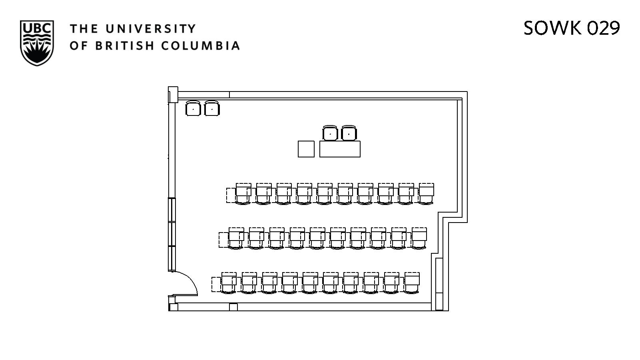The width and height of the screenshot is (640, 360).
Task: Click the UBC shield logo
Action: (x=36, y=43)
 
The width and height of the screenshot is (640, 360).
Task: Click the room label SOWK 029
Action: (x=571, y=28)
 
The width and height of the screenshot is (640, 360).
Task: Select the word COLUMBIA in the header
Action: (x=200, y=46)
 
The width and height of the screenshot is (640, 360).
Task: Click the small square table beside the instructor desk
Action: (x=306, y=149)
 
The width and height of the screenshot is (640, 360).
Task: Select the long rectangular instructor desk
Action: (x=340, y=149)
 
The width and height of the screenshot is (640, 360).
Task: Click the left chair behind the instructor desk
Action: (x=330, y=133)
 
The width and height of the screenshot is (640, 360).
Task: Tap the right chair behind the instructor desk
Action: (x=349, y=133)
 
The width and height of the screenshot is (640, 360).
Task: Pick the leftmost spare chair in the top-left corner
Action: (x=193, y=108)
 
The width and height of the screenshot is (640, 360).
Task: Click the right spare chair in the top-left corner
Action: (x=212, y=108)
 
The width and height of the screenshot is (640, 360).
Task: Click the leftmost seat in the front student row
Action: (x=243, y=194)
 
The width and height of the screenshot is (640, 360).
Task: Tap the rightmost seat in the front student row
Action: (x=426, y=194)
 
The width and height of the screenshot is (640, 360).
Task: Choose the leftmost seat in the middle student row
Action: (x=236, y=239)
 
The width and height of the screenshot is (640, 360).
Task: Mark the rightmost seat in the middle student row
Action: (x=419, y=239)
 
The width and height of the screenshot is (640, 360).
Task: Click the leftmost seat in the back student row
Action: (x=229, y=283)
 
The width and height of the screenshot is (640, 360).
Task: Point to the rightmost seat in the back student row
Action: (x=412, y=283)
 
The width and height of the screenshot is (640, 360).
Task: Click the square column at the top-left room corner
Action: (x=173, y=95)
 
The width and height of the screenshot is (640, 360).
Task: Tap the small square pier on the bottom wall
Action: (x=233, y=307)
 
